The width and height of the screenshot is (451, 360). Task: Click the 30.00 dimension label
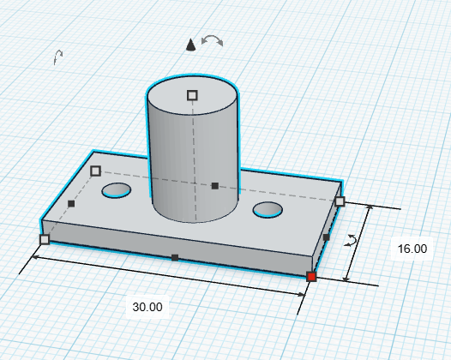click(147, 306)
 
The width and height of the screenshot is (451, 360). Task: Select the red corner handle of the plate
click(312, 276)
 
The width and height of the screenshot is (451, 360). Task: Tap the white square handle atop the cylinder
click(192, 95)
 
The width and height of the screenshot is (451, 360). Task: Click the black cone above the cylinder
click(191, 45)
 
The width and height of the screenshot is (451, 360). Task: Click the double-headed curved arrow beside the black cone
click(212, 40)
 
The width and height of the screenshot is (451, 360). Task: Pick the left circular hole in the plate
click(117, 190)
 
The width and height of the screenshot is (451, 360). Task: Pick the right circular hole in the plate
click(268, 210)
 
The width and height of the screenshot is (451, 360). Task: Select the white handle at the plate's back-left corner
click(95, 171)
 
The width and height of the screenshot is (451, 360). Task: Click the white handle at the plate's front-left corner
click(45, 239)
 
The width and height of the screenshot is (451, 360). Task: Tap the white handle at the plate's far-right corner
click(340, 201)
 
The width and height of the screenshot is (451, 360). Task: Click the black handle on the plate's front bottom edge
click(175, 257)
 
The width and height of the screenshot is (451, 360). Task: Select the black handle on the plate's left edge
click(71, 204)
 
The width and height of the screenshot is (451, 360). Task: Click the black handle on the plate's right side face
click(326, 237)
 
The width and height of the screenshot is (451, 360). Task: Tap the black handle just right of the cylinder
click(214, 185)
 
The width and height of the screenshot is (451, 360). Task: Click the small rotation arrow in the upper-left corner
click(57, 57)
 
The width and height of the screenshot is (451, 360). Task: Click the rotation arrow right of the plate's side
click(350, 241)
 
